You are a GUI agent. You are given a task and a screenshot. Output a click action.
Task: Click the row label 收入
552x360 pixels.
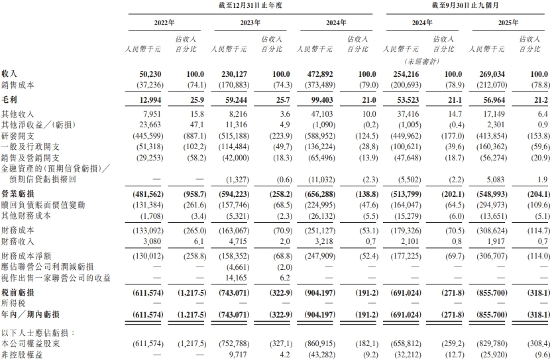[10, 74]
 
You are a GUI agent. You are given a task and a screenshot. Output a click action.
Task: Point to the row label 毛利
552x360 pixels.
[10, 99]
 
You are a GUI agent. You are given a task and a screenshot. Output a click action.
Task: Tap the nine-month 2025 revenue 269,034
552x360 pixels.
[487, 74]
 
